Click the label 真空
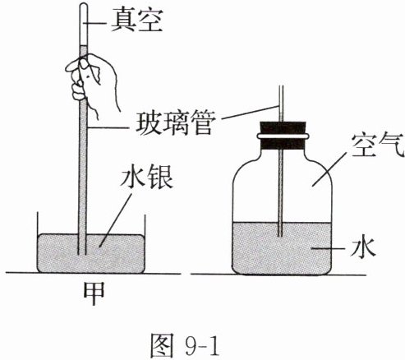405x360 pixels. (x=137, y=21)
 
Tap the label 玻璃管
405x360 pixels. (x=174, y=122)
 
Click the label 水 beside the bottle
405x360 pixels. (x=362, y=248)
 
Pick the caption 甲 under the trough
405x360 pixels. (x=94, y=293)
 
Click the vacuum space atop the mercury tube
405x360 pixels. (x=84, y=25)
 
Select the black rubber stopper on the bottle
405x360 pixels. (x=283, y=136)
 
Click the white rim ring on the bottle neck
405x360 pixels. (x=283, y=136)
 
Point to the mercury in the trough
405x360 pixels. (x=91, y=253)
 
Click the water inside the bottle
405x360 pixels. (x=282, y=248)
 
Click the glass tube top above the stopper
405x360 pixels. (x=281, y=104)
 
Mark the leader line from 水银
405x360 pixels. (x=116, y=220)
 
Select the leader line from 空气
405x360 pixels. (x=329, y=169)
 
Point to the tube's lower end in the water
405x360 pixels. (x=280, y=236)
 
